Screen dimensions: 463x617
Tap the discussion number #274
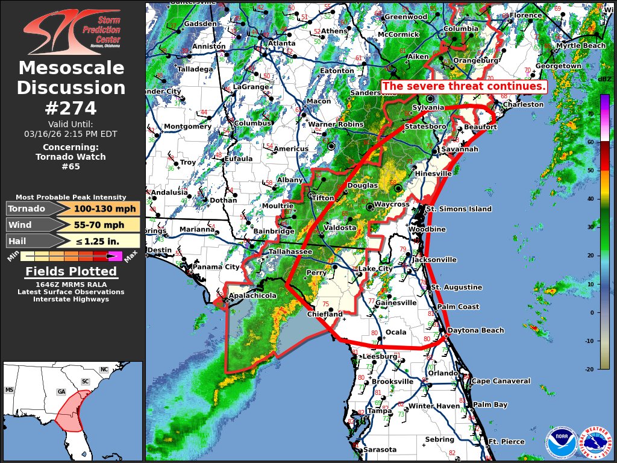click(x=71, y=108)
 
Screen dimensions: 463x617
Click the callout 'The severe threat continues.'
click(x=464, y=86)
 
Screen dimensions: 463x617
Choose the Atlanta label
click(x=281, y=43)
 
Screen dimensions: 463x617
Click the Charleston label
click(x=523, y=104)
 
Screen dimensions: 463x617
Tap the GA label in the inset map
click(x=61, y=391)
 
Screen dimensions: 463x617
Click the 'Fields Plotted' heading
click(x=71, y=272)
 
